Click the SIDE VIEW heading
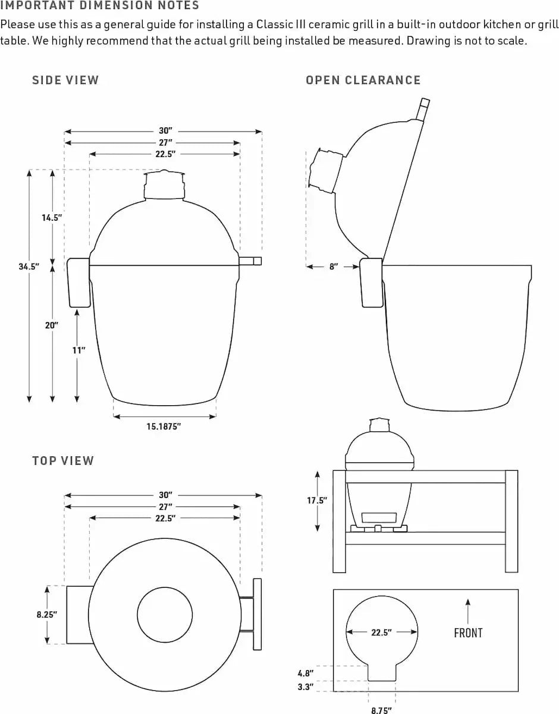(65, 80)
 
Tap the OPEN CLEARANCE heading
(363, 80)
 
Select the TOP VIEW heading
(63, 461)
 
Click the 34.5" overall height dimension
(29, 267)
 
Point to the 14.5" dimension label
(52, 218)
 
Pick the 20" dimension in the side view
(52, 325)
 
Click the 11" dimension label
(78, 350)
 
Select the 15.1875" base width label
(164, 426)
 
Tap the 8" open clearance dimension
(334, 267)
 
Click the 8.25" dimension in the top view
(46, 615)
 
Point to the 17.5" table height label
(317, 500)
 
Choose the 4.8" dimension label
(305, 674)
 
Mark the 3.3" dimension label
(305, 687)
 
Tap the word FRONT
(468, 633)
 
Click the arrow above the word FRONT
(468, 610)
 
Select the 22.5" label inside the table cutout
(381, 632)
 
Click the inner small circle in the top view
(165, 615)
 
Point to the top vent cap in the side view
(164, 184)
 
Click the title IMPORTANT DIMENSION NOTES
(100, 6)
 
